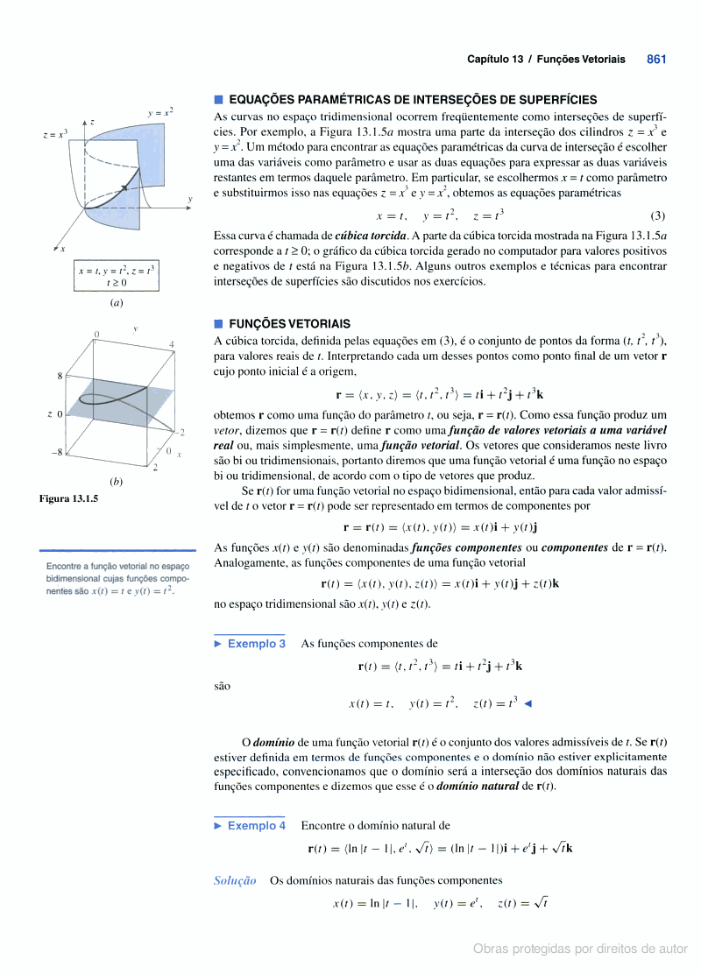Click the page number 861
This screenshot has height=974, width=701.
[656, 60]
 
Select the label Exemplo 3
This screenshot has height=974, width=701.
[256, 644]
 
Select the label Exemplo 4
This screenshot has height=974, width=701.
[256, 825]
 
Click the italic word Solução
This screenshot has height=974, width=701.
[235, 880]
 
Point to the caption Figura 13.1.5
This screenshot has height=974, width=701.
[68, 498]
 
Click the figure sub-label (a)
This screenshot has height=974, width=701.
[116, 303]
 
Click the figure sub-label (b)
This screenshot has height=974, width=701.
[116, 481]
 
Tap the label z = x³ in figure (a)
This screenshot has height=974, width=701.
[55, 135]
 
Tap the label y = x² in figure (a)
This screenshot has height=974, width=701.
[159, 112]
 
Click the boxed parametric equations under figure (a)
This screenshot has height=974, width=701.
[116, 276]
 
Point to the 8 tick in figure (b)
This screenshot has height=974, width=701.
[60, 376]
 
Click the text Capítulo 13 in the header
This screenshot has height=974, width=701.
[496, 60]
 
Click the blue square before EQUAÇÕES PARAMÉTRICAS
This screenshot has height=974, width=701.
[219, 100]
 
